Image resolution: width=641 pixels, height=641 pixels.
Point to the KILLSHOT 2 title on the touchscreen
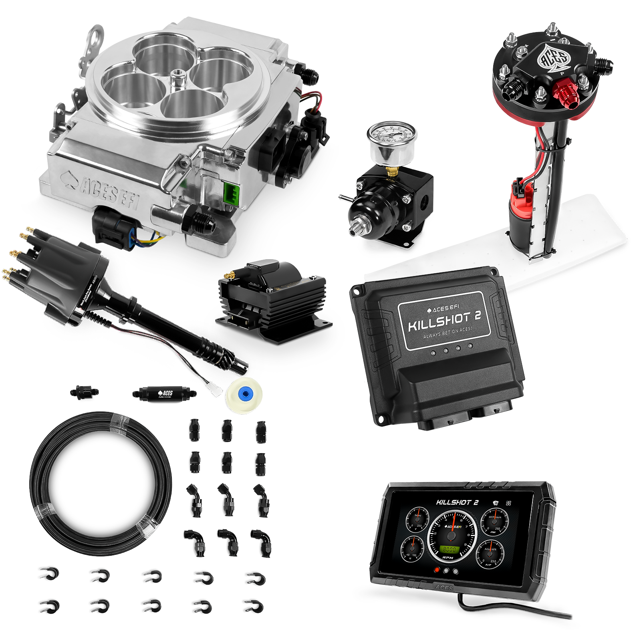tap(457, 502)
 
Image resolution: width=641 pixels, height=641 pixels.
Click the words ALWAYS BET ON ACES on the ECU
tap(447, 332)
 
